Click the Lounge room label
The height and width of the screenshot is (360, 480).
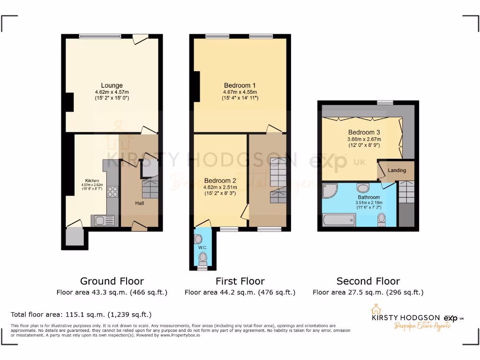(x=112, y=85)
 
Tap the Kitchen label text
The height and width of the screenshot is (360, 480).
(x=92, y=180)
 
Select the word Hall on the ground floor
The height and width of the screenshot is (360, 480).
(x=140, y=203)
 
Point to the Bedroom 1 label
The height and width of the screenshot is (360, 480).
(x=240, y=85)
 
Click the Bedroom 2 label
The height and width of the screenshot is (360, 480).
(x=220, y=180)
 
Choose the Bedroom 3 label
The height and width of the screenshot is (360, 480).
(x=364, y=132)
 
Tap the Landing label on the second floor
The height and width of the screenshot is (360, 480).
(x=397, y=170)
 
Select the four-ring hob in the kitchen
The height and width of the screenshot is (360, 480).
(x=113, y=192)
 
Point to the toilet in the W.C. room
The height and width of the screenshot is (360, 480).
(x=202, y=257)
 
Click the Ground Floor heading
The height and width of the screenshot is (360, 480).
(x=112, y=281)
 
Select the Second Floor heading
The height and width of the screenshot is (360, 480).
(x=368, y=281)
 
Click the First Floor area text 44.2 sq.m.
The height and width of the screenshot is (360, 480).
(x=240, y=292)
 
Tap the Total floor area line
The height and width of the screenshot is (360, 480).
(x=81, y=315)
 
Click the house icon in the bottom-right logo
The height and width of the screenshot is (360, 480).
(x=375, y=310)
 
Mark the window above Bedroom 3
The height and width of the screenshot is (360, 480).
(x=385, y=102)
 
